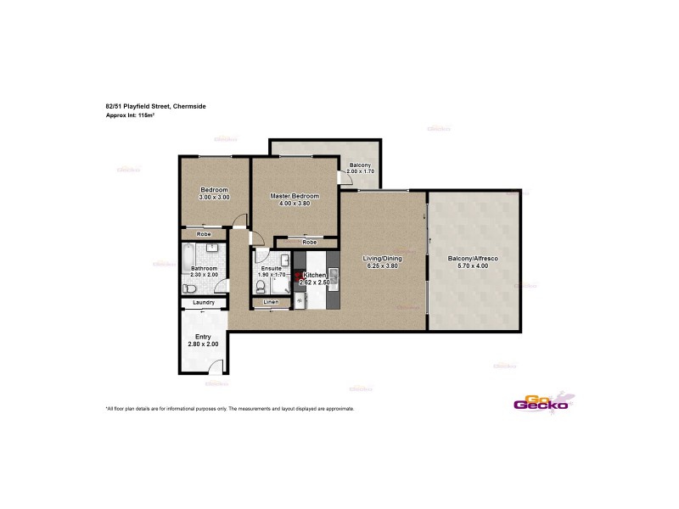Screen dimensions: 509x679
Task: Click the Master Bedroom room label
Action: click(295, 196)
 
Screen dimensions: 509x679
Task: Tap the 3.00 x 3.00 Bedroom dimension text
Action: click(214, 197)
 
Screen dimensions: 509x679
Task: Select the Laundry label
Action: click(203, 303)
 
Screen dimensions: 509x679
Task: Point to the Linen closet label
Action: click(271, 302)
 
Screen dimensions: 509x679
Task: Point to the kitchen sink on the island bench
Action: click(333, 274)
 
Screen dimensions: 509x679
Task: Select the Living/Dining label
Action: click(382, 259)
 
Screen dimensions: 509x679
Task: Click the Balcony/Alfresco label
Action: click(473, 258)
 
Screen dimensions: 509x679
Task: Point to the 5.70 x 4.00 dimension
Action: click(473, 266)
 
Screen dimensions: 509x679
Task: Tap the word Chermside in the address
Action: click(189, 106)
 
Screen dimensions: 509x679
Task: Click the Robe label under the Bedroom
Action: click(204, 233)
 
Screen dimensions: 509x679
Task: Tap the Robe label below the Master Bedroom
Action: click(310, 243)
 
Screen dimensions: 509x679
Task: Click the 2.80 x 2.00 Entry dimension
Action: click(203, 344)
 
